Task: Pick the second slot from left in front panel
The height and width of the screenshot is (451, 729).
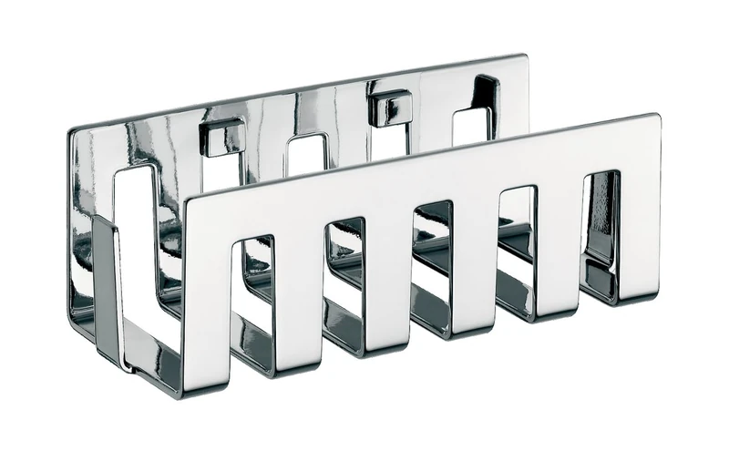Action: (x=344, y=264)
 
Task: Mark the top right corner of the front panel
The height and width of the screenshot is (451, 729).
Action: (x=654, y=118)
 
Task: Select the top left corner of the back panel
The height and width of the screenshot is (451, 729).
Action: (x=73, y=133)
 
